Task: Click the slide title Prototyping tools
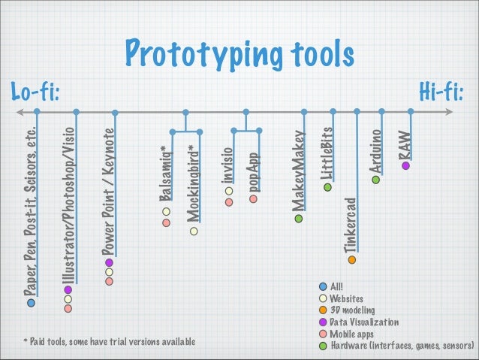[239, 54]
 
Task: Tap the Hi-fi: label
[441, 92]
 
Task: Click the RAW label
[405, 144]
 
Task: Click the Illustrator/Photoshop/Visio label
[68, 201]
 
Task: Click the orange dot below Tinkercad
[351, 259]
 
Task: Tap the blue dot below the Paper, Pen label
[31, 303]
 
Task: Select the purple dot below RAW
[405, 165]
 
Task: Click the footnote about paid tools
[109, 343]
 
